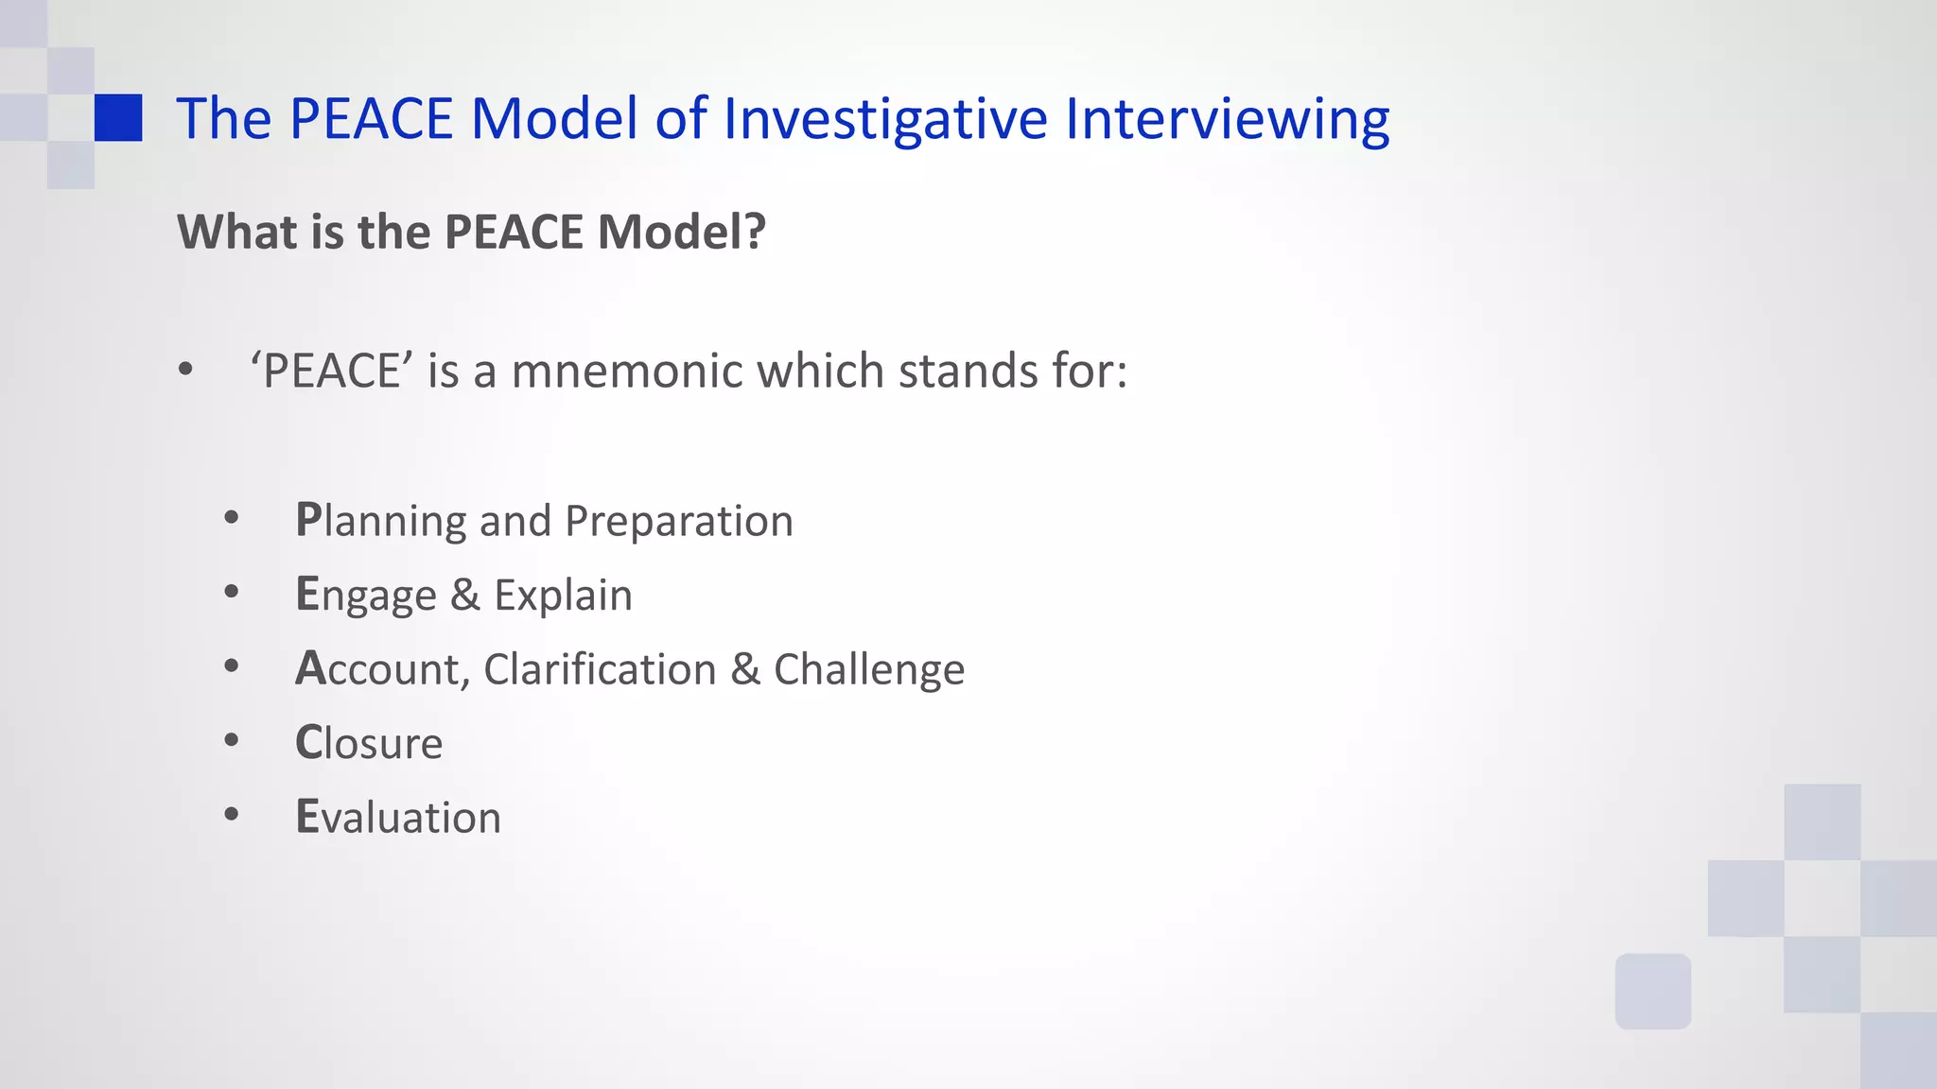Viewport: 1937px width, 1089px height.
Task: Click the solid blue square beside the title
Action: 118,117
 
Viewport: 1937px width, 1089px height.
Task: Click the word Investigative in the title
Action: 885,119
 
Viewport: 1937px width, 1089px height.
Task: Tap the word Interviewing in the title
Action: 1227,119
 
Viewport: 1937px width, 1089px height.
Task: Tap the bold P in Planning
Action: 308,519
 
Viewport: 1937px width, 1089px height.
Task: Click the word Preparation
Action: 678,521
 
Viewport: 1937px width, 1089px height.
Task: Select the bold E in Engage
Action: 307,594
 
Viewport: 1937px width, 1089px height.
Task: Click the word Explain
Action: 563,596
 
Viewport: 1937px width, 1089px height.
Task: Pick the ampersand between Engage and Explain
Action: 464,595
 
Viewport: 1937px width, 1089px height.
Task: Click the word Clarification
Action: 600,669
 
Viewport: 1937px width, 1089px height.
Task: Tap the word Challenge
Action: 868,669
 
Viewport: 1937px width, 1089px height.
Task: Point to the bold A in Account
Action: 309,668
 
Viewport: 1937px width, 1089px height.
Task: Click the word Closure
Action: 369,743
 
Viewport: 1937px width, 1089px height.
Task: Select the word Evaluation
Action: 398,817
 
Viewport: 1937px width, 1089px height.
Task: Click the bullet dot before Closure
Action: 232,740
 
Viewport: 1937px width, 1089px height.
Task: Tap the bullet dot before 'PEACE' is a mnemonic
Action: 185,370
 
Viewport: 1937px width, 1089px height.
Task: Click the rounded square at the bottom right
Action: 1652,991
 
